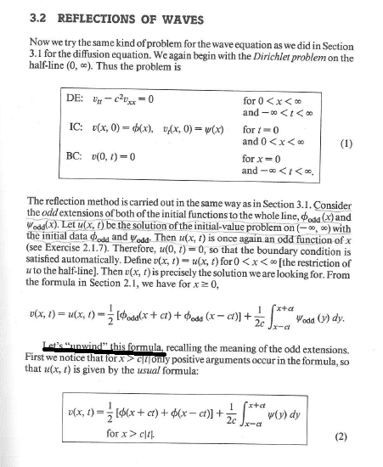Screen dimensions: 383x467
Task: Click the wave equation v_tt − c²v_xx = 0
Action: pos(112,100)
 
